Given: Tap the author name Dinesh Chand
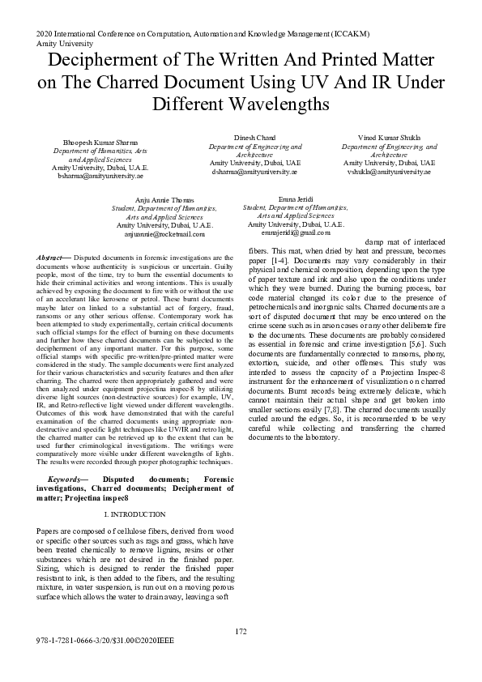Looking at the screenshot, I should click(x=255, y=139).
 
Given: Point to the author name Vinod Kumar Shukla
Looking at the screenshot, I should click(x=390, y=139).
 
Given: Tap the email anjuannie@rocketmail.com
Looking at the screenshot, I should click(x=164, y=233).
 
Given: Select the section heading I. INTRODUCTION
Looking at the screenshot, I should click(x=135, y=514).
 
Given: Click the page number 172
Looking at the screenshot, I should click(x=241, y=631).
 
